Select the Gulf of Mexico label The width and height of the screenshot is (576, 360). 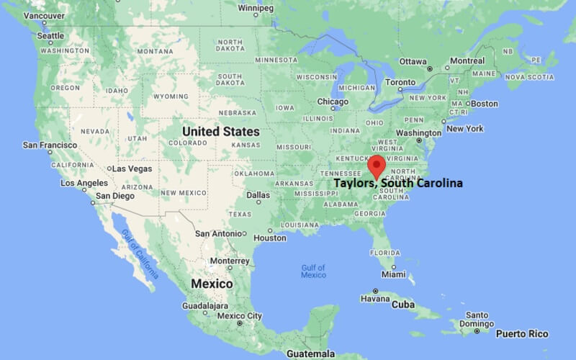(x=313, y=271)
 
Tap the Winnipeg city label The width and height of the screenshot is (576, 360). (x=258, y=8)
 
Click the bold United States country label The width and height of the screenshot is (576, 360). (x=221, y=132)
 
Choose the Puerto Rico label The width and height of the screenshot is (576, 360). (x=521, y=333)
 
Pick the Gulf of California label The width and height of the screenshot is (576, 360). (x=140, y=253)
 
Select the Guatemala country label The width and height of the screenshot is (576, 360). (x=310, y=354)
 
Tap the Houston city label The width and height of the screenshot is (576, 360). (x=270, y=238)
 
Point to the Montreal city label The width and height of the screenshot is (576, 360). (x=467, y=61)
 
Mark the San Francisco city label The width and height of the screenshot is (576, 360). (x=49, y=145)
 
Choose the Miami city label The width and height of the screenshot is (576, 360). (x=394, y=274)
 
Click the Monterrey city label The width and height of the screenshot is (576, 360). (x=229, y=261)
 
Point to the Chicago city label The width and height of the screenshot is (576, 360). (x=333, y=102)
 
